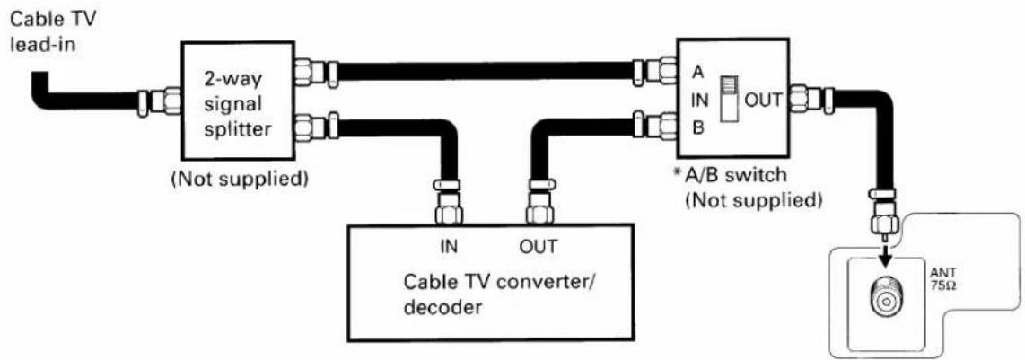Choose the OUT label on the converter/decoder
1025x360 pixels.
[538, 246]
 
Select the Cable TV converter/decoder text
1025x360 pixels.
[501, 294]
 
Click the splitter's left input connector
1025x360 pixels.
[160, 102]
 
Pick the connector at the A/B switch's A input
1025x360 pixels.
[655, 71]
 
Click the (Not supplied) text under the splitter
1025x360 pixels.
[239, 179]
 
